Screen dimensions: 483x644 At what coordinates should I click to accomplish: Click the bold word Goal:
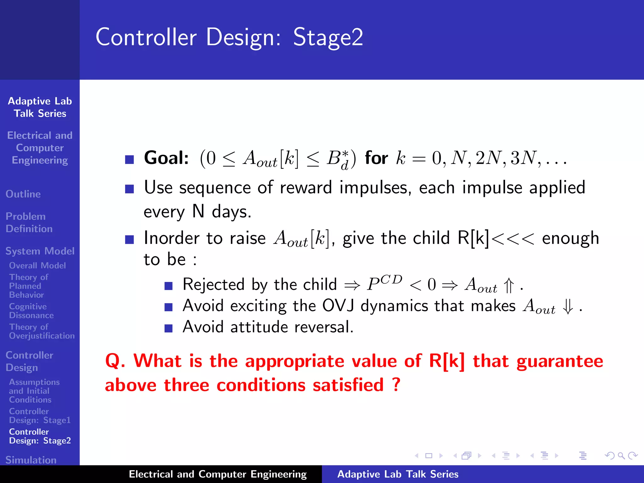click(166, 158)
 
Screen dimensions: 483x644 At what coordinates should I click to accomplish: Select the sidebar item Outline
click(23, 194)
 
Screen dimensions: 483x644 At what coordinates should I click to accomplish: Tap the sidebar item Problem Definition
click(29, 222)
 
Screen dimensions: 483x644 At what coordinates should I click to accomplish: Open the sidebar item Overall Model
click(37, 265)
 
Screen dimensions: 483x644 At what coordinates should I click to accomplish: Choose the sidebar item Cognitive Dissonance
click(31, 311)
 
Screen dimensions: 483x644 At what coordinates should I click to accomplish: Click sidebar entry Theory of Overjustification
click(42, 331)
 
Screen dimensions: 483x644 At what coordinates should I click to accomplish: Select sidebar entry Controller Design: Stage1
click(40, 416)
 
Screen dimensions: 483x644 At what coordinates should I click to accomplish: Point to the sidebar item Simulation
click(31, 460)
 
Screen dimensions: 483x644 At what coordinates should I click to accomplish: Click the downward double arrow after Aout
click(568, 307)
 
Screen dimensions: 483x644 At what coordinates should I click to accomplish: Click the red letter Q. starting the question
click(115, 361)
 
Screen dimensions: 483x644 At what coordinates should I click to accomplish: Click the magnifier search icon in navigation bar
click(621, 456)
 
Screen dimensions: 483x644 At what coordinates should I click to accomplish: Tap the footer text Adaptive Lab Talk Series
click(398, 474)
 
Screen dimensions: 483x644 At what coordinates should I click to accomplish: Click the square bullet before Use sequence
click(129, 189)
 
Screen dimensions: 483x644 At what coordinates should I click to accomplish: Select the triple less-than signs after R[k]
click(513, 239)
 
